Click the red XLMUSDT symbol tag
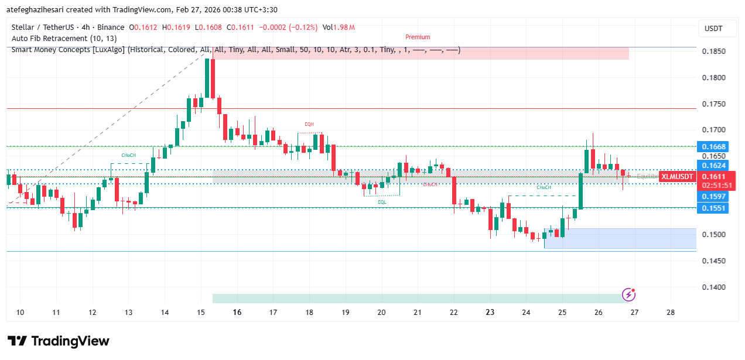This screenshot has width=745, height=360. click(678, 177)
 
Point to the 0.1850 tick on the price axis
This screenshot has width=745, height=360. click(713, 52)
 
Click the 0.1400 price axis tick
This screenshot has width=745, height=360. click(713, 287)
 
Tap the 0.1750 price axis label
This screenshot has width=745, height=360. click(713, 104)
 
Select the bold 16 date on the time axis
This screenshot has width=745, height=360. click(237, 313)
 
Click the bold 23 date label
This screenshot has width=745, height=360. click(490, 313)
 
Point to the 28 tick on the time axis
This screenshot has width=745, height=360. click(671, 313)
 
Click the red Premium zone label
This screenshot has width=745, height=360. click(418, 37)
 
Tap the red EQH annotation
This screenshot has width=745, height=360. click(309, 124)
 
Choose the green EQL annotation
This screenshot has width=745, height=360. click(382, 201)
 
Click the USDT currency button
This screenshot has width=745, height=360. click(713, 29)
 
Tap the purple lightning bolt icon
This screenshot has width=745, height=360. click(629, 294)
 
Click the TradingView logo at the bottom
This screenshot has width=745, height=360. click(58, 341)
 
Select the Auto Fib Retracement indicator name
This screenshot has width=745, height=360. click(64, 39)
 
